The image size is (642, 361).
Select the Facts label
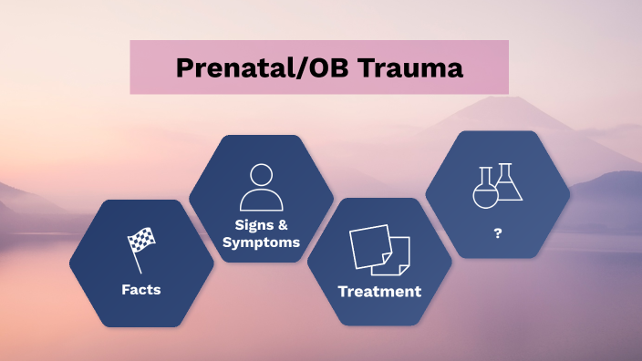point(141,290)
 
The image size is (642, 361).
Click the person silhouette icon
point(261,187)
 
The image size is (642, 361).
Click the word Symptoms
point(262,242)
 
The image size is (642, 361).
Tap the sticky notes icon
point(379,250)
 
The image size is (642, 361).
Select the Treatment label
point(379,292)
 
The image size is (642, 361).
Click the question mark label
point(498,233)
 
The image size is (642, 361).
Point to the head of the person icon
point(262,174)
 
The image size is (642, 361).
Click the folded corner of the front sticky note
point(387,268)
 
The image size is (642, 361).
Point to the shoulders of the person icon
point(261,201)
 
